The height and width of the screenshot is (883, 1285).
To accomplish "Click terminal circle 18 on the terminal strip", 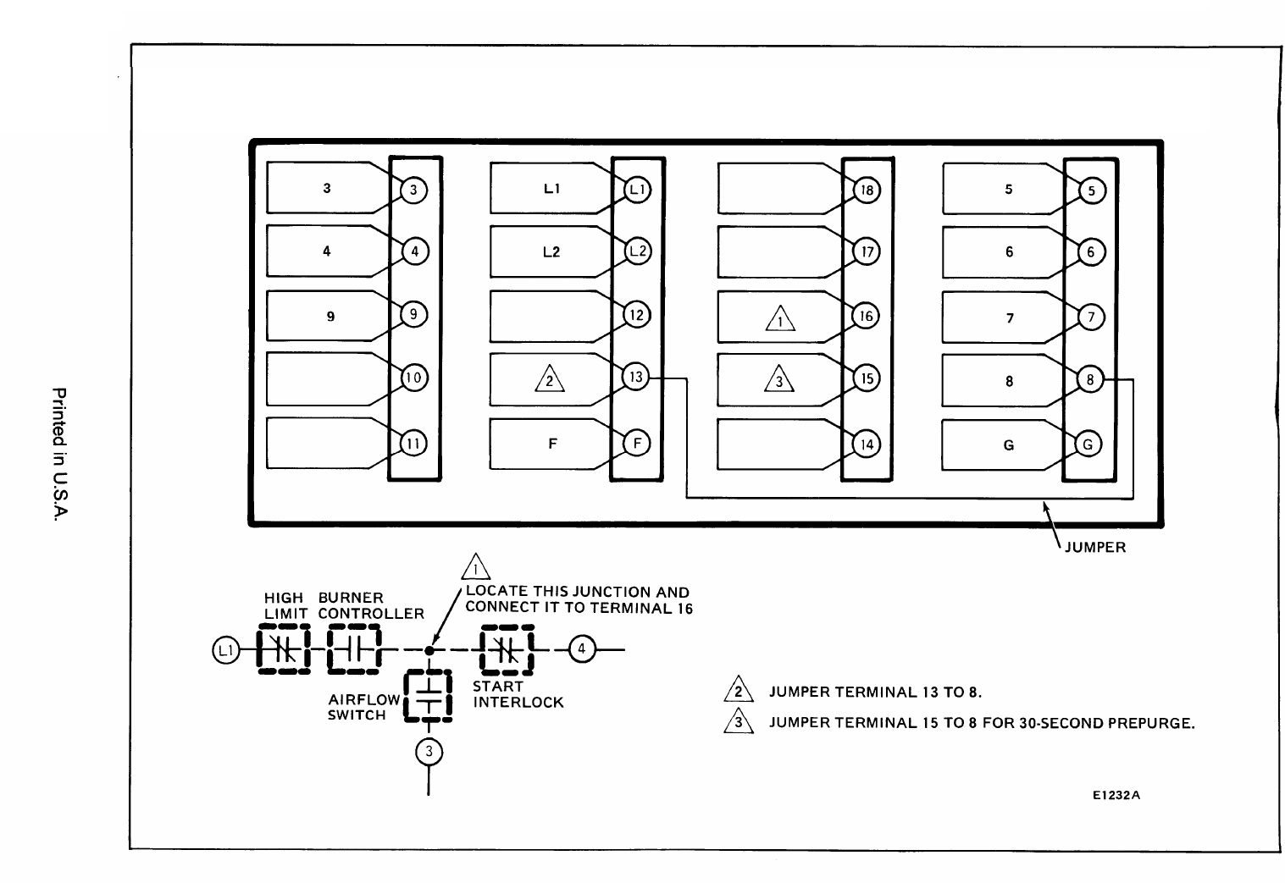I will point(867,190).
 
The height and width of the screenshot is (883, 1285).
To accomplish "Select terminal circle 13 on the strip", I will point(636,378).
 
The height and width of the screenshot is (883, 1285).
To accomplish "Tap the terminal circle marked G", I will point(1089,444).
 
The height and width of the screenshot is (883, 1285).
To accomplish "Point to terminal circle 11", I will point(413,443).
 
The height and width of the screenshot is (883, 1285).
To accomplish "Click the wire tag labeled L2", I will point(551,252).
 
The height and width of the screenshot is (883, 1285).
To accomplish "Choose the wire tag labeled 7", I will point(1009,318).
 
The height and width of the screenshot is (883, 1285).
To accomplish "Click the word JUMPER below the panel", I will point(1094,548).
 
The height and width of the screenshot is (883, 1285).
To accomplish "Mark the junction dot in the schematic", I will point(429,650).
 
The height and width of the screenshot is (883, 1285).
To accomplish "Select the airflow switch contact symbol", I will point(429,697).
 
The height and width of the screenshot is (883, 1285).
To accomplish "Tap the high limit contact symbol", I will point(283,650).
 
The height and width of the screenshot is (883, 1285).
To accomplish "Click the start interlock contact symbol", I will point(507,650).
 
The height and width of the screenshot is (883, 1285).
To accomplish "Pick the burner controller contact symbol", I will point(356,650).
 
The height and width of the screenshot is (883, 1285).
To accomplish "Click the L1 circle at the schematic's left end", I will point(224,650).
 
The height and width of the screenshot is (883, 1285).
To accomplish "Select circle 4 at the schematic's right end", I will point(581,650).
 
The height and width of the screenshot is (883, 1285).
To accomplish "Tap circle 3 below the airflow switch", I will point(429,751).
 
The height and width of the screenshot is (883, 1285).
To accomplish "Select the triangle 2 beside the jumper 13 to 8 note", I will point(738,691).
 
